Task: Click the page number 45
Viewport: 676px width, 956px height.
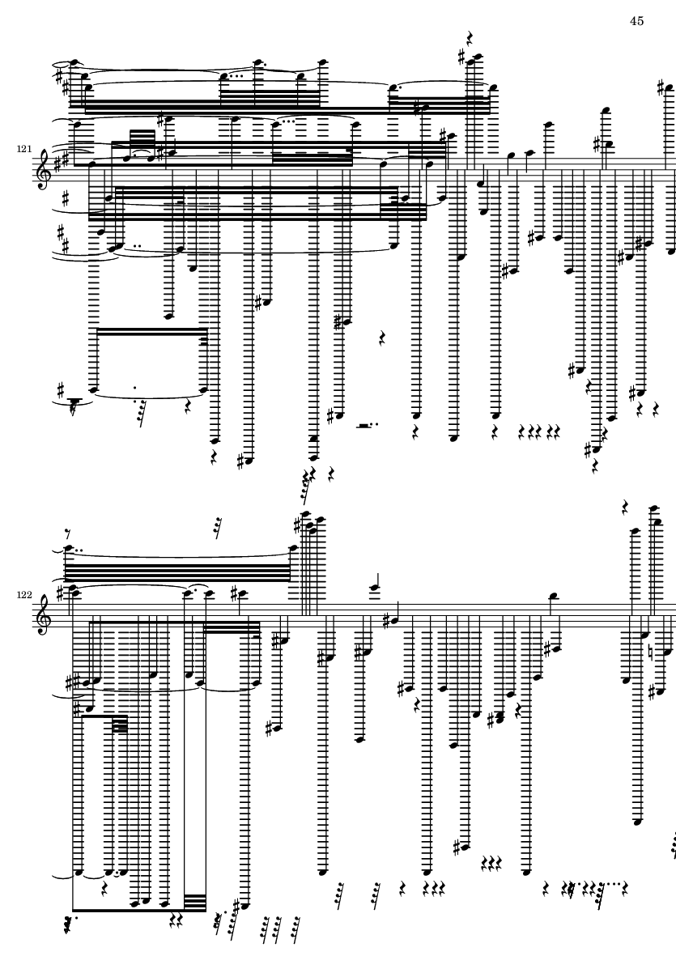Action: pos(636,21)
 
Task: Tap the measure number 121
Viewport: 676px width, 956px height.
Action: pos(24,149)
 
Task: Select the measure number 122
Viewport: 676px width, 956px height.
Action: pos(24,594)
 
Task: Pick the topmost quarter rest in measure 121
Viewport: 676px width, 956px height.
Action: pos(470,40)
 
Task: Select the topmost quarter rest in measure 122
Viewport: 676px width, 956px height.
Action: pos(626,508)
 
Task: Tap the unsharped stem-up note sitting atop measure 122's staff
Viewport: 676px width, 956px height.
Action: pos(554,594)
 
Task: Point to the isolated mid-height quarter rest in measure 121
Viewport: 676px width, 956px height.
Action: pos(382,338)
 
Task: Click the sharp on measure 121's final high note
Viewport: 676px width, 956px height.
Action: pos(662,89)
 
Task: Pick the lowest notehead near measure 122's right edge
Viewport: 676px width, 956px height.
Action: pos(638,822)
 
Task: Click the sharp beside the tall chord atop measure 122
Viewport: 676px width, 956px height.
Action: pos(298,524)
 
